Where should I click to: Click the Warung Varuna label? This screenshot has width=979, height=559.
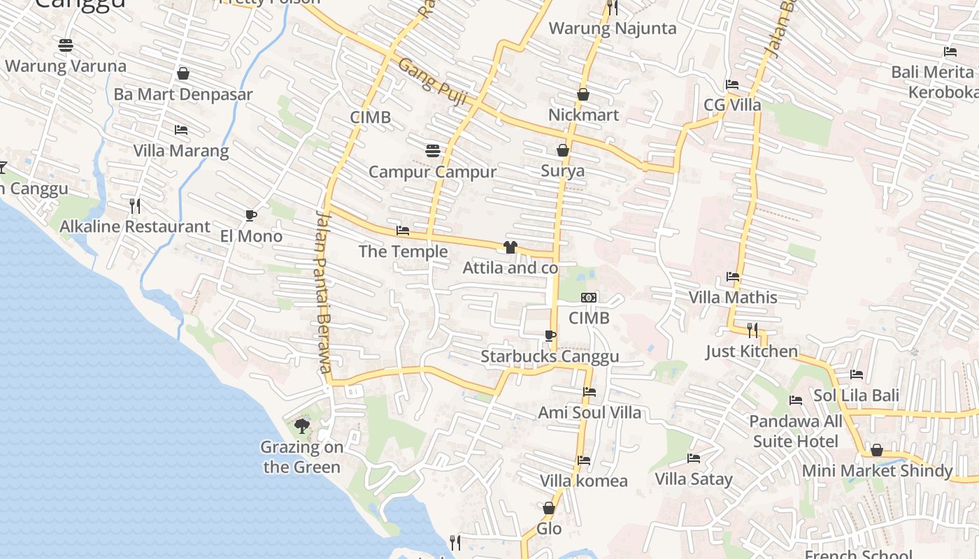[x=66, y=66]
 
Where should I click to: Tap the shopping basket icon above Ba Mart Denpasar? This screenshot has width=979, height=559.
[x=183, y=73]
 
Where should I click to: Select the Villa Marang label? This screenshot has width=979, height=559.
[x=181, y=150]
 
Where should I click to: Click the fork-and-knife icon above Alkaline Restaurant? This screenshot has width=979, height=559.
[x=135, y=205]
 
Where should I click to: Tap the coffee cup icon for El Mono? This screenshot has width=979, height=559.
[x=251, y=215]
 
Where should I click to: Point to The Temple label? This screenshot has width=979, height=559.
[x=403, y=251]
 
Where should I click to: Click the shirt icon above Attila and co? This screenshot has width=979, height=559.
[x=510, y=247]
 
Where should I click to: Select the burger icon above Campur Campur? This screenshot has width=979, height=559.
[x=433, y=151]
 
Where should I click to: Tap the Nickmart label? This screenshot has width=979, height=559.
[x=583, y=115]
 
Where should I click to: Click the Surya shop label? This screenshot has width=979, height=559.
[x=562, y=170]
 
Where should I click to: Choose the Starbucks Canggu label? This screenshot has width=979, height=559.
[x=550, y=356]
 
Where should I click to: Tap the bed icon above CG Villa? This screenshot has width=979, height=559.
[x=732, y=85]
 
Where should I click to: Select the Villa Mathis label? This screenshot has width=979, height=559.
[x=733, y=297]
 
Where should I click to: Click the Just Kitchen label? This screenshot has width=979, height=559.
[x=752, y=351]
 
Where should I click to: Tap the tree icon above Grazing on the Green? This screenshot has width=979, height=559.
[x=302, y=426]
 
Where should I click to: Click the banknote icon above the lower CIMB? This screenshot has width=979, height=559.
[x=589, y=298]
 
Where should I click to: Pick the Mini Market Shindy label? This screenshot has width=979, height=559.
[x=877, y=470]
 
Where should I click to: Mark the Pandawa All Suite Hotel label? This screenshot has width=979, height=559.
[x=796, y=431]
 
